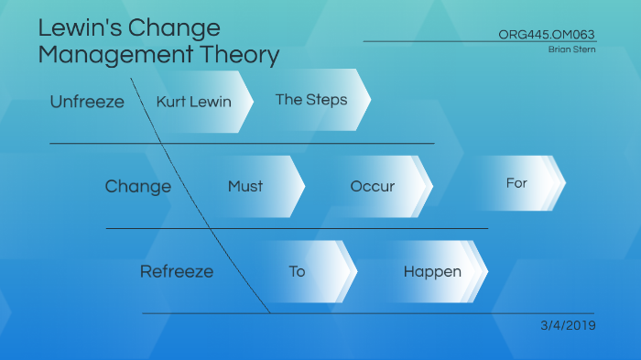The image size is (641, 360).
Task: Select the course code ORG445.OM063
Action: tap(547, 34)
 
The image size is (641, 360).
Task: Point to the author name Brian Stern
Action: tap(572, 49)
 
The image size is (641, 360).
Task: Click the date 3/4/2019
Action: tap(568, 325)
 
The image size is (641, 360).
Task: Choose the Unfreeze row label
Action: tap(87, 102)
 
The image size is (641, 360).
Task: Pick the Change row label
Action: tap(137, 187)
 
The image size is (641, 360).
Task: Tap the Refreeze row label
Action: tap(177, 272)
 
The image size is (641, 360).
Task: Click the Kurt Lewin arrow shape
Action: tap(195, 101)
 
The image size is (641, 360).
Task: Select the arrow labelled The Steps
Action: tap(311, 100)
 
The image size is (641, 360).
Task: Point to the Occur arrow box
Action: tap(374, 187)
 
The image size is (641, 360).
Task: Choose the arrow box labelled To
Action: tap(299, 272)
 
